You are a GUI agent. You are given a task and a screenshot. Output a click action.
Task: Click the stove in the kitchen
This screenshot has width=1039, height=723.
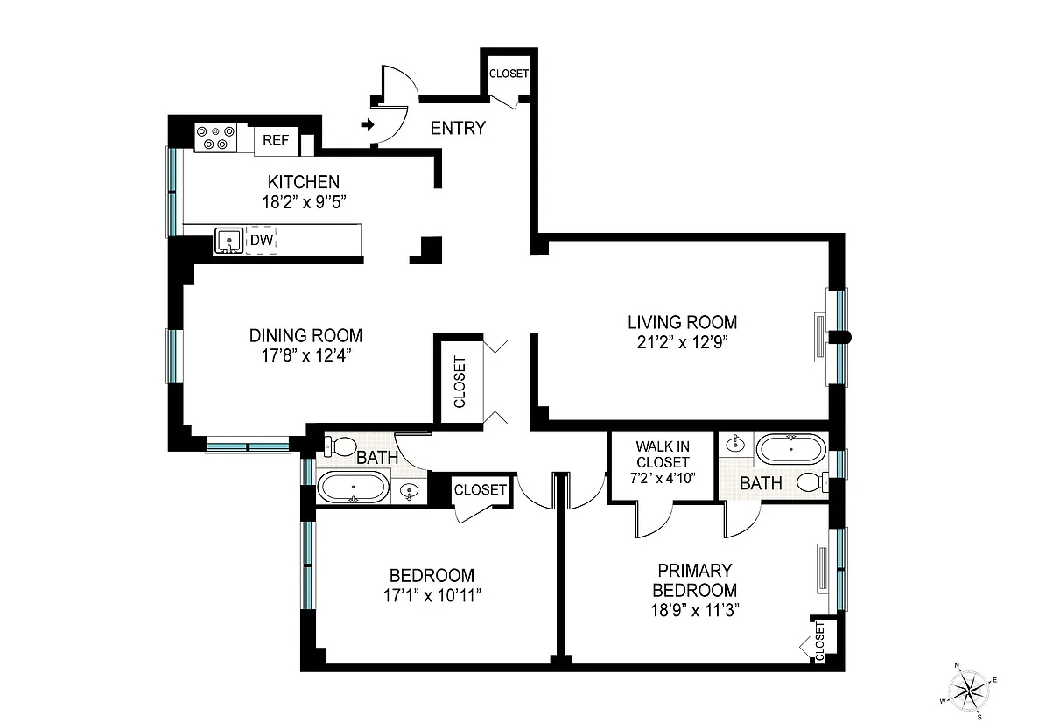[215, 137]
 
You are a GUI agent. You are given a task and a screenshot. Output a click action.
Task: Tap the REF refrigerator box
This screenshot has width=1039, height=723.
[277, 141]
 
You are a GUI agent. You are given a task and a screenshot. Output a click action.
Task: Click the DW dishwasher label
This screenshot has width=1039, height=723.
[262, 240]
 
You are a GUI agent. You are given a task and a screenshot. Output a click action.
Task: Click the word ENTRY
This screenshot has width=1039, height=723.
[458, 128]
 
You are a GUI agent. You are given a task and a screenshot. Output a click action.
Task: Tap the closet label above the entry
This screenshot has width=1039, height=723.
[509, 74]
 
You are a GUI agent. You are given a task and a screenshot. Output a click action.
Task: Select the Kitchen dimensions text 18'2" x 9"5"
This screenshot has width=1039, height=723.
[305, 201]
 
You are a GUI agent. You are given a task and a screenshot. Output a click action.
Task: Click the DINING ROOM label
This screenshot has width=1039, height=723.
[306, 335]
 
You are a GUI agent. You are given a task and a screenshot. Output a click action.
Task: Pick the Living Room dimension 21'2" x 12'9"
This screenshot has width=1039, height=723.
[683, 342]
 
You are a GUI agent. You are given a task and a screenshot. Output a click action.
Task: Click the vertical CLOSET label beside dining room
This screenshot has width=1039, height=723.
[460, 383]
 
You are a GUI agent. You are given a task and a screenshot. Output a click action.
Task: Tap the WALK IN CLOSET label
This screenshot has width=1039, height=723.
[663, 454]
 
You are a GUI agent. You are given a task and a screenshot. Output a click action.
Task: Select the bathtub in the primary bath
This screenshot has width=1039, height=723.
[791, 449]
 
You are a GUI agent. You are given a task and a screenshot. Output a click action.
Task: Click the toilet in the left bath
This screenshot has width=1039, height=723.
[340, 446]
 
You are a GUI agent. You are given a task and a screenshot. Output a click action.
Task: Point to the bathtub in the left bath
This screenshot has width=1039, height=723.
[353, 487]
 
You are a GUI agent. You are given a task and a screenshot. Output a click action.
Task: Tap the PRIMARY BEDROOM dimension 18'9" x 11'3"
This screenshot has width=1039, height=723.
[695, 610]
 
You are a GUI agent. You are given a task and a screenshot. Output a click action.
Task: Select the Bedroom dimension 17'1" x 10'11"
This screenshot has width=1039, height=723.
[432, 596]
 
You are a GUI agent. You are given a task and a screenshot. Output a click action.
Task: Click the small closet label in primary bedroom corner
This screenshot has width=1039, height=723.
[820, 641]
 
